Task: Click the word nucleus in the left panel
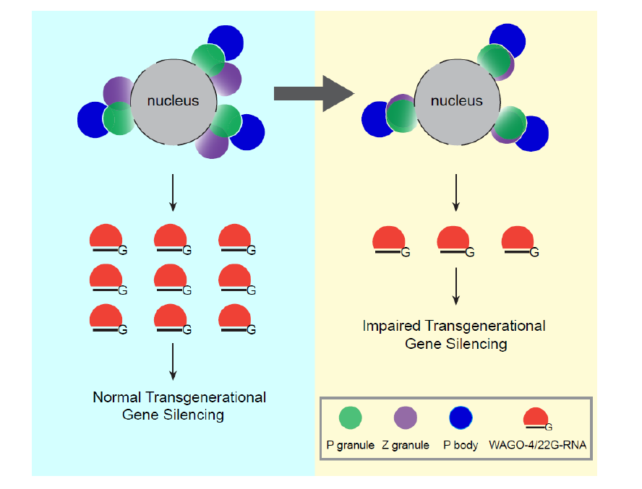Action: (173, 101)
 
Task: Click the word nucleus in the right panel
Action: (456, 101)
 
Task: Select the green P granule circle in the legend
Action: (350, 418)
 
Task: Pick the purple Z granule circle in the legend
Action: (405, 418)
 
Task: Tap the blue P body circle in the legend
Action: (461, 418)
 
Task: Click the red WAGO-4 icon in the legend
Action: (535, 418)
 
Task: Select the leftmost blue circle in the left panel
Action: (95, 119)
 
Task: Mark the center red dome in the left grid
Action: (171, 277)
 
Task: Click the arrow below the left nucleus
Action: (174, 194)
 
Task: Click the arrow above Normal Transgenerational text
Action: (174, 361)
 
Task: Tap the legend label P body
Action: (461, 445)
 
